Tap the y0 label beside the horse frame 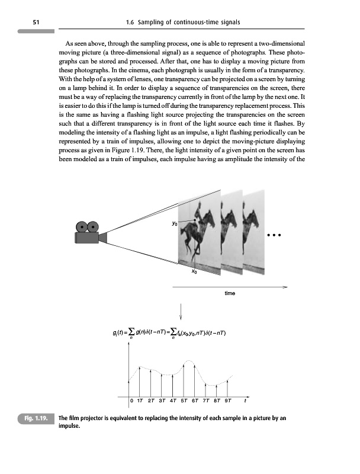click(x=173, y=224)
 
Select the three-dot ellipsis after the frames click(x=273, y=234)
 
